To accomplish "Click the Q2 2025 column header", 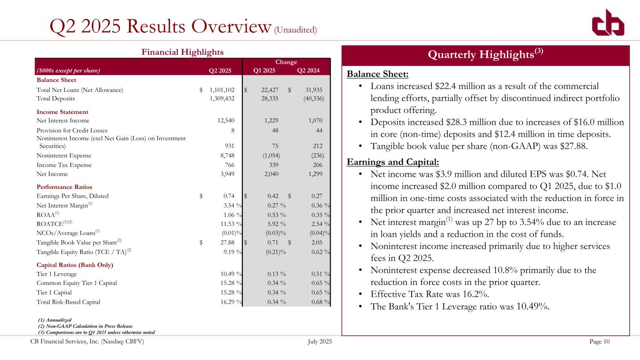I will pyautogui.click(x=220, y=71).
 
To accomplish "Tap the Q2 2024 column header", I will pyautogui.click(x=308, y=71).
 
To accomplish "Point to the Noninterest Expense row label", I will pyautogui.click(x=64, y=155).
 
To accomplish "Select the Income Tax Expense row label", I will pyautogui.click(x=64, y=165).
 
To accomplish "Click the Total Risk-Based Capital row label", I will pyautogui.click(x=68, y=302).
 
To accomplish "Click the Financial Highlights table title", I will pyautogui.click(x=183, y=52).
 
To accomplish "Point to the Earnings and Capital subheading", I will pyautogui.click(x=393, y=162).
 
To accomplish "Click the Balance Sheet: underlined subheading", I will pyautogui.click(x=377, y=75).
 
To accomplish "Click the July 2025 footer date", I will pyautogui.click(x=318, y=342).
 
